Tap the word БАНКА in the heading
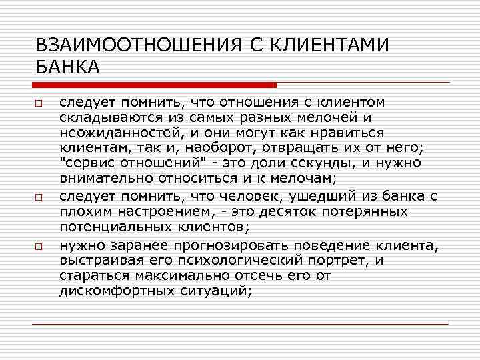pos(67,67)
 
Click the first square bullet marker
pos(39,103)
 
